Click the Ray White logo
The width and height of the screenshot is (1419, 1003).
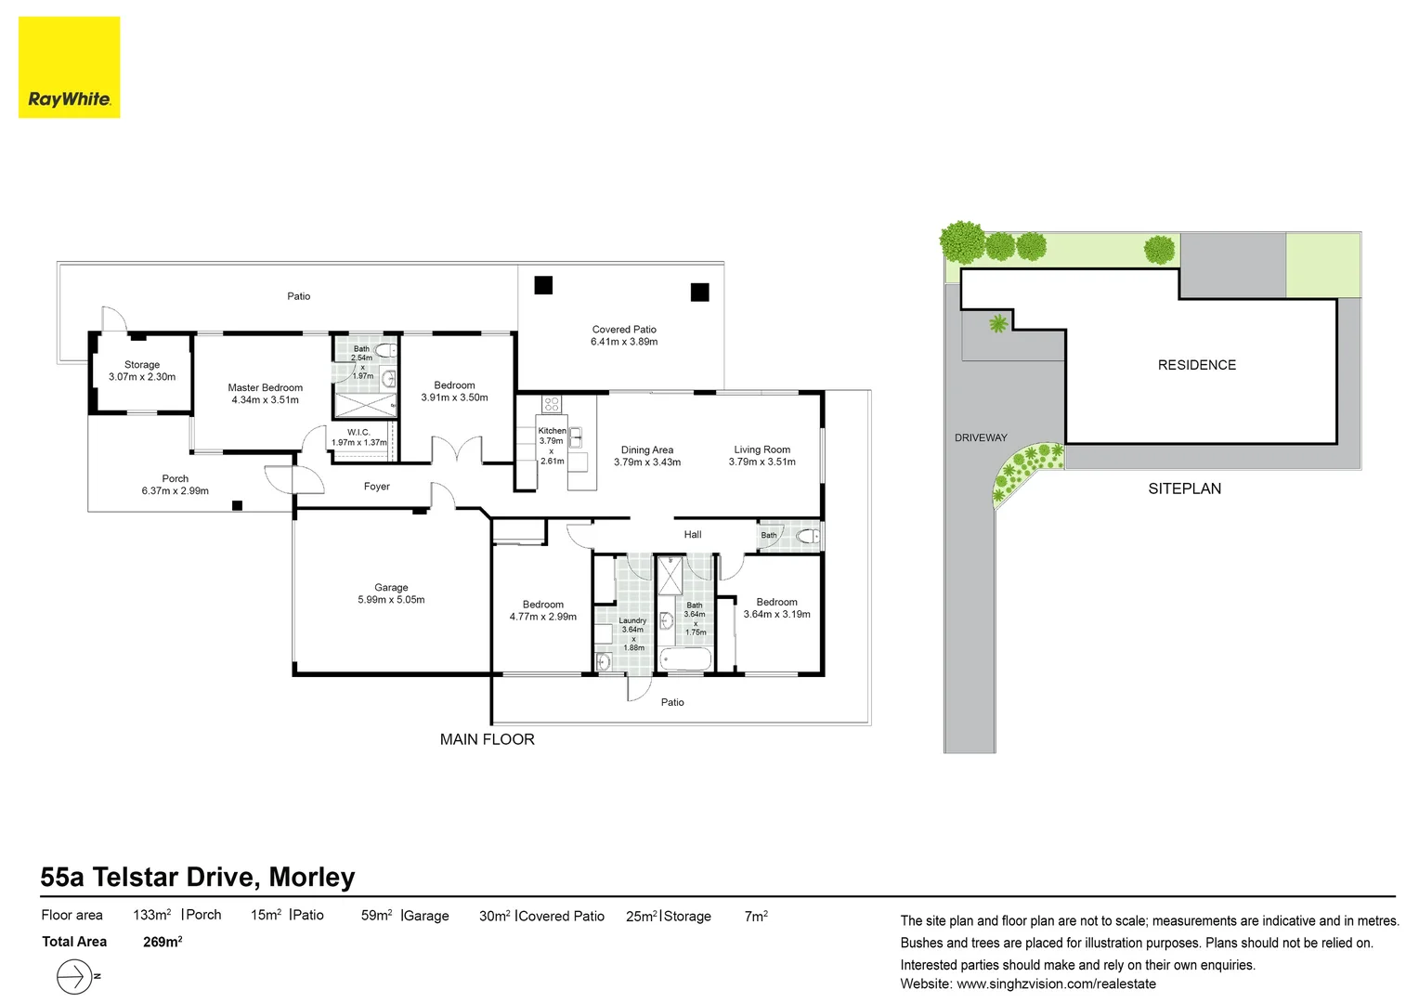(x=70, y=68)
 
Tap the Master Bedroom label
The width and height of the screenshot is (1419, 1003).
(x=265, y=388)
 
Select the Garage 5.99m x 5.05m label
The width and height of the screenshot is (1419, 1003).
(x=391, y=593)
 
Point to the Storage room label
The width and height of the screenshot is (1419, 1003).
(x=142, y=365)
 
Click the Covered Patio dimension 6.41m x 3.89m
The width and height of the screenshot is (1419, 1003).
(x=624, y=342)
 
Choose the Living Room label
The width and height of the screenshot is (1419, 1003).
(x=762, y=449)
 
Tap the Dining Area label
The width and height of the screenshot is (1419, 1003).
(x=647, y=450)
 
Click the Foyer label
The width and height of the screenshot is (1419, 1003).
(x=376, y=487)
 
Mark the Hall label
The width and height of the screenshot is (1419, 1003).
(x=693, y=535)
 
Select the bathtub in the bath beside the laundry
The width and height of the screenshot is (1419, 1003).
(x=685, y=659)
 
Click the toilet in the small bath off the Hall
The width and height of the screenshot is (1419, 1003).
(x=808, y=536)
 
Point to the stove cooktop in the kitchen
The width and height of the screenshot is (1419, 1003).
(x=552, y=404)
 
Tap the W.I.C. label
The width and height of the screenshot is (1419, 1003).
(x=358, y=433)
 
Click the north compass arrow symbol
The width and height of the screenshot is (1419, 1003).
(x=74, y=977)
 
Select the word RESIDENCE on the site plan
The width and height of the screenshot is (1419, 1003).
(x=1196, y=365)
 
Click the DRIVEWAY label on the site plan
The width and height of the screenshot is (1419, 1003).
(x=981, y=437)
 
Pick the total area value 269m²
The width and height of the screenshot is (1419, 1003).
(x=163, y=942)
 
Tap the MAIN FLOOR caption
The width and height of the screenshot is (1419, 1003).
(x=487, y=739)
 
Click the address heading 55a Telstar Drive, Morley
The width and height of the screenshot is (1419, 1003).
(x=198, y=878)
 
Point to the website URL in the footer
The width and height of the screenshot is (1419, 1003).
(x=1056, y=983)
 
